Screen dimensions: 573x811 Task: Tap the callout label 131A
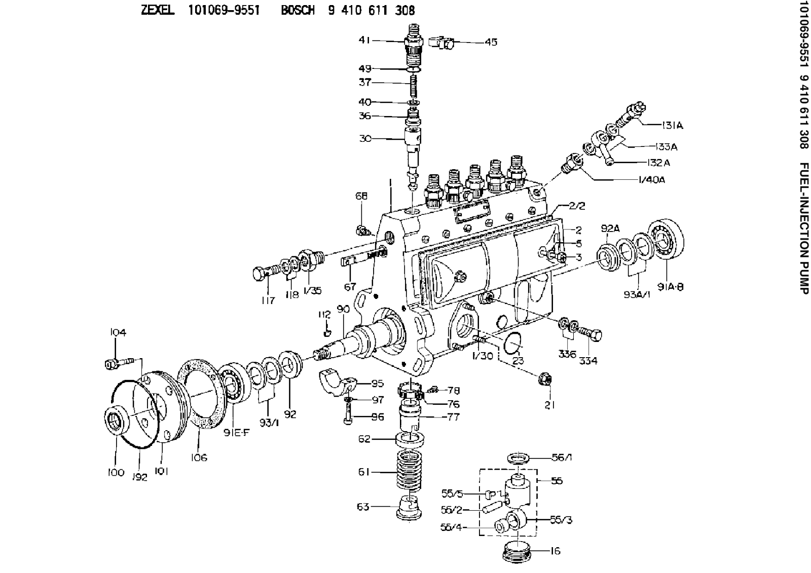point(672,125)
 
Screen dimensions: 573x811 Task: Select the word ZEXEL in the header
point(158,11)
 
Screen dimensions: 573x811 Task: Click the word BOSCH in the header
point(298,11)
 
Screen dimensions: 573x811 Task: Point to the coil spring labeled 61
point(408,472)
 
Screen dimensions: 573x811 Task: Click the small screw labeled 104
point(117,363)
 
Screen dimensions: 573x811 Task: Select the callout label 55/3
point(562,520)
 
